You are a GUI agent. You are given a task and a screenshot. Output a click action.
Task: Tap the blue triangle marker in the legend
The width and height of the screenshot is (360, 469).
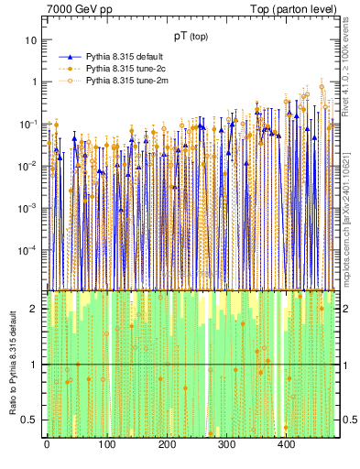(x=70, y=56)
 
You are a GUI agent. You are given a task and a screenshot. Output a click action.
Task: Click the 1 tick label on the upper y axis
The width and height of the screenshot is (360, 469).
(x=34, y=82)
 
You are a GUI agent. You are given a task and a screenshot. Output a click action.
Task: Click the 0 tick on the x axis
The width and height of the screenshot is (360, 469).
(x=47, y=445)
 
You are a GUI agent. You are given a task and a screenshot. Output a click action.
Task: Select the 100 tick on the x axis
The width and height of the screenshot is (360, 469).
(x=106, y=445)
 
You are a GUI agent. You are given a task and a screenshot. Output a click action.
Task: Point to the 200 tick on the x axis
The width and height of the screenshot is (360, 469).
(x=167, y=445)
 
